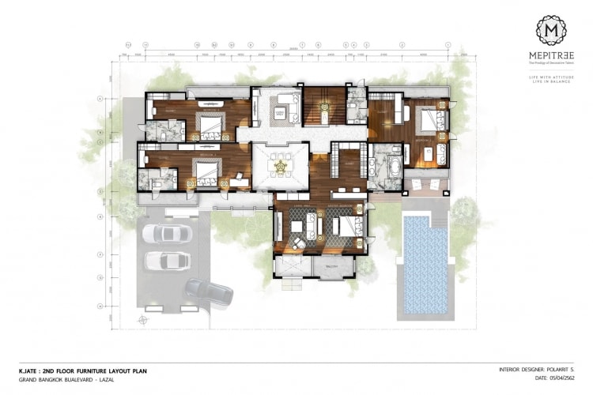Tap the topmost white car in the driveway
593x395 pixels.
(x=168, y=234)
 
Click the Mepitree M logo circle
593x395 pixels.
(x=551, y=30)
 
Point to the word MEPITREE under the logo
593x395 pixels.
(x=551, y=55)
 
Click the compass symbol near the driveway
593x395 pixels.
(x=143, y=320)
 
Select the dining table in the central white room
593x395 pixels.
(x=279, y=166)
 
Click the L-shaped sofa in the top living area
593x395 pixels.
(x=281, y=109)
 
